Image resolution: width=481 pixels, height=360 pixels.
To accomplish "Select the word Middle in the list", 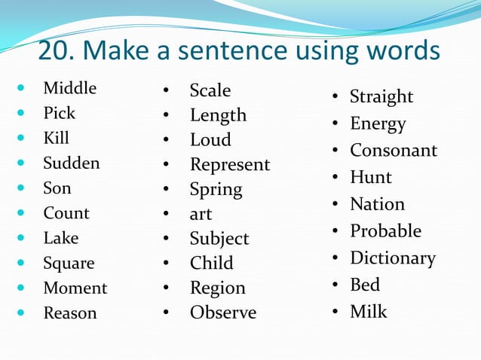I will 69,88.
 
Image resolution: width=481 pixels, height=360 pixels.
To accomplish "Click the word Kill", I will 56,139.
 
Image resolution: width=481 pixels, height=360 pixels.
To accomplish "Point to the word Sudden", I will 71,163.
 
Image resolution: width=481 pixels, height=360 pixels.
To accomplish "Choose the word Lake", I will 60,238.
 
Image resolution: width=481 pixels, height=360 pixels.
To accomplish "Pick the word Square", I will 69,264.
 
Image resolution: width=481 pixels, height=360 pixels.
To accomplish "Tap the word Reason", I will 69,313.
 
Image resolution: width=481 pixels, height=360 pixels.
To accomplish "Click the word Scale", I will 210,91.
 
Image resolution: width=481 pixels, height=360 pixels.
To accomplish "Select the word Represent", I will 229,165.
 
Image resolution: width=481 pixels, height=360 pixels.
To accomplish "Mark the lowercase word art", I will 201,215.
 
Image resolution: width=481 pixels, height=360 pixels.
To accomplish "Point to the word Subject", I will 219,239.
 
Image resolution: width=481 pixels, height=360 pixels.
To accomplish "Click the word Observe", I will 222,313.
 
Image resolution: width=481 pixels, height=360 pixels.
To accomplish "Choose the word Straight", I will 381,97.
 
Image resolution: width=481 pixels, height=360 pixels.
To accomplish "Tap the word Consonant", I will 393,151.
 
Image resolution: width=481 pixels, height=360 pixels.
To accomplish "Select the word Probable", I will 385,231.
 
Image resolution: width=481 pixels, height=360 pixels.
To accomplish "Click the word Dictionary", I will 392,258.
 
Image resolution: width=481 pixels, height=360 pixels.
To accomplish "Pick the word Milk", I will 368,311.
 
